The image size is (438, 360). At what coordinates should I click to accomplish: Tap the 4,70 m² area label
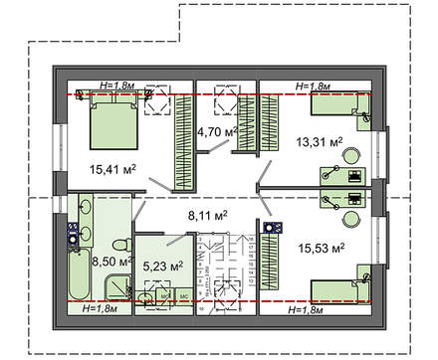coord(214,131)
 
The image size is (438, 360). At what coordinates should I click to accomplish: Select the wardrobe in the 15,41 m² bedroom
coord(183,131)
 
